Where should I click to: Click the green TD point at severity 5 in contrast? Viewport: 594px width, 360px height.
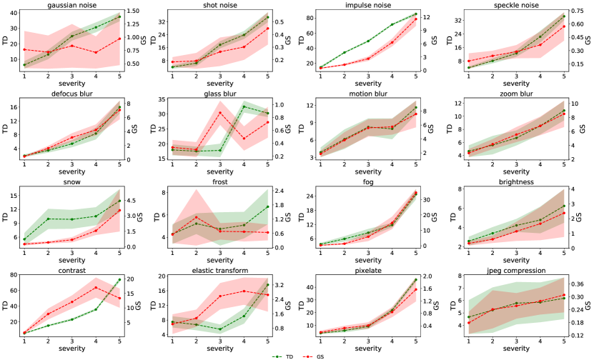coord(119,279)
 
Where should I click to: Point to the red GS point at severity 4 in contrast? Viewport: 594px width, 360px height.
coord(96,288)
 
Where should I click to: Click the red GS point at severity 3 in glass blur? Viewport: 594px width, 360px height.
coord(219,112)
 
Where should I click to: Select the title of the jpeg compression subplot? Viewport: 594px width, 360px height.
coord(515,271)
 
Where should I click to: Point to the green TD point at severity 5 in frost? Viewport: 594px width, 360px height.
coord(267,206)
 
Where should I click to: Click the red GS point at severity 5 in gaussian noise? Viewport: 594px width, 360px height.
coord(119,39)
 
